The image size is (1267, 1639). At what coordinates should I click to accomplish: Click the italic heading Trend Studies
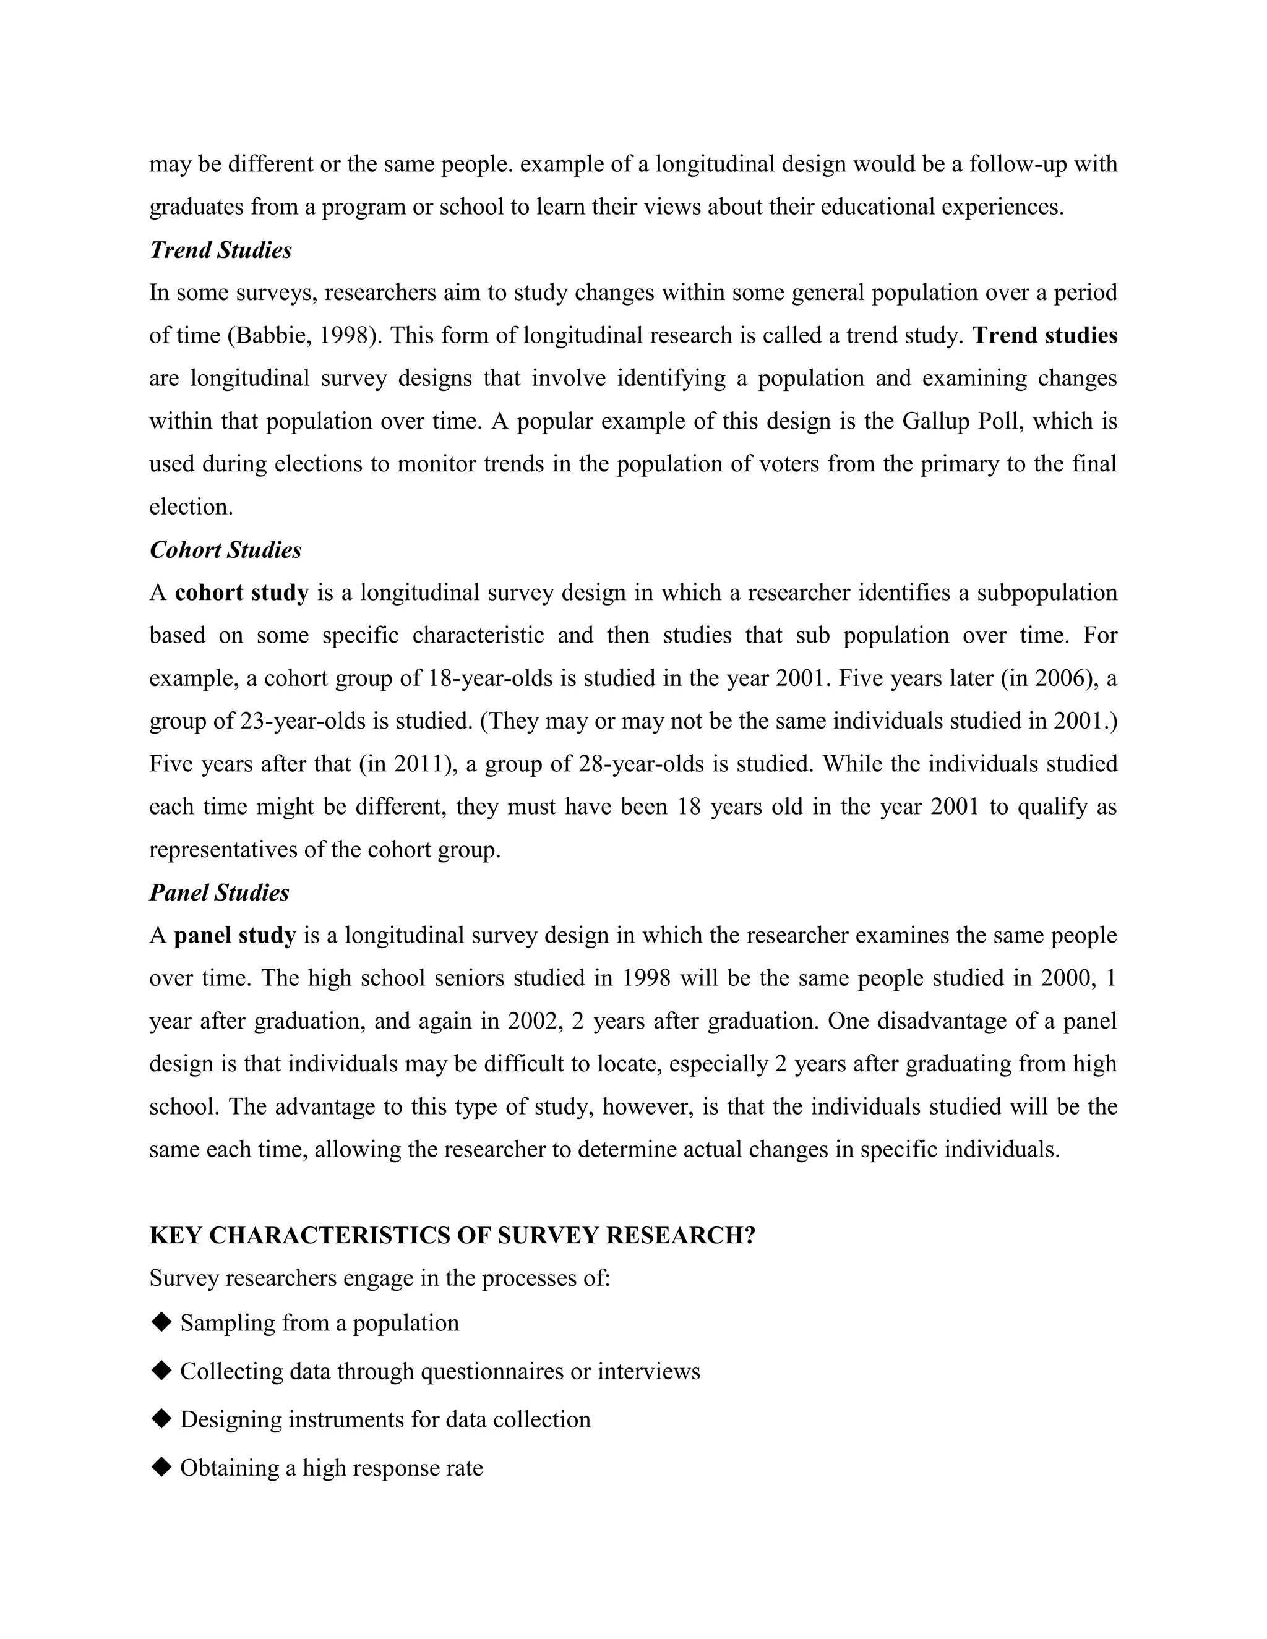pyautogui.click(x=221, y=250)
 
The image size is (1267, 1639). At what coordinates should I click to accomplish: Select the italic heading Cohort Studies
pyautogui.click(x=225, y=550)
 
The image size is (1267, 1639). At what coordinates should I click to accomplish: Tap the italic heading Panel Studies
pyautogui.click(x=219, y=893)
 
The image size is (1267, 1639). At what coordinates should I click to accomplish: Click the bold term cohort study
pyautogui.click(x=242, y=593)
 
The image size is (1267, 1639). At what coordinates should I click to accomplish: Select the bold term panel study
pyautogui.click(x=235, y=936)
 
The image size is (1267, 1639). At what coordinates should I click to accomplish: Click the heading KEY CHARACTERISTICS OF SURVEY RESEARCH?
pyautogui.click(x=452, y=1236)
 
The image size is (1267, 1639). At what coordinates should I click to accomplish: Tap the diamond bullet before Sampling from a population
pyautogui.click(x=161, y=1322)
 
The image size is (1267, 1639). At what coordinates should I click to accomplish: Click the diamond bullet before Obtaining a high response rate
pyautogui.click(x=161, y=1468)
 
